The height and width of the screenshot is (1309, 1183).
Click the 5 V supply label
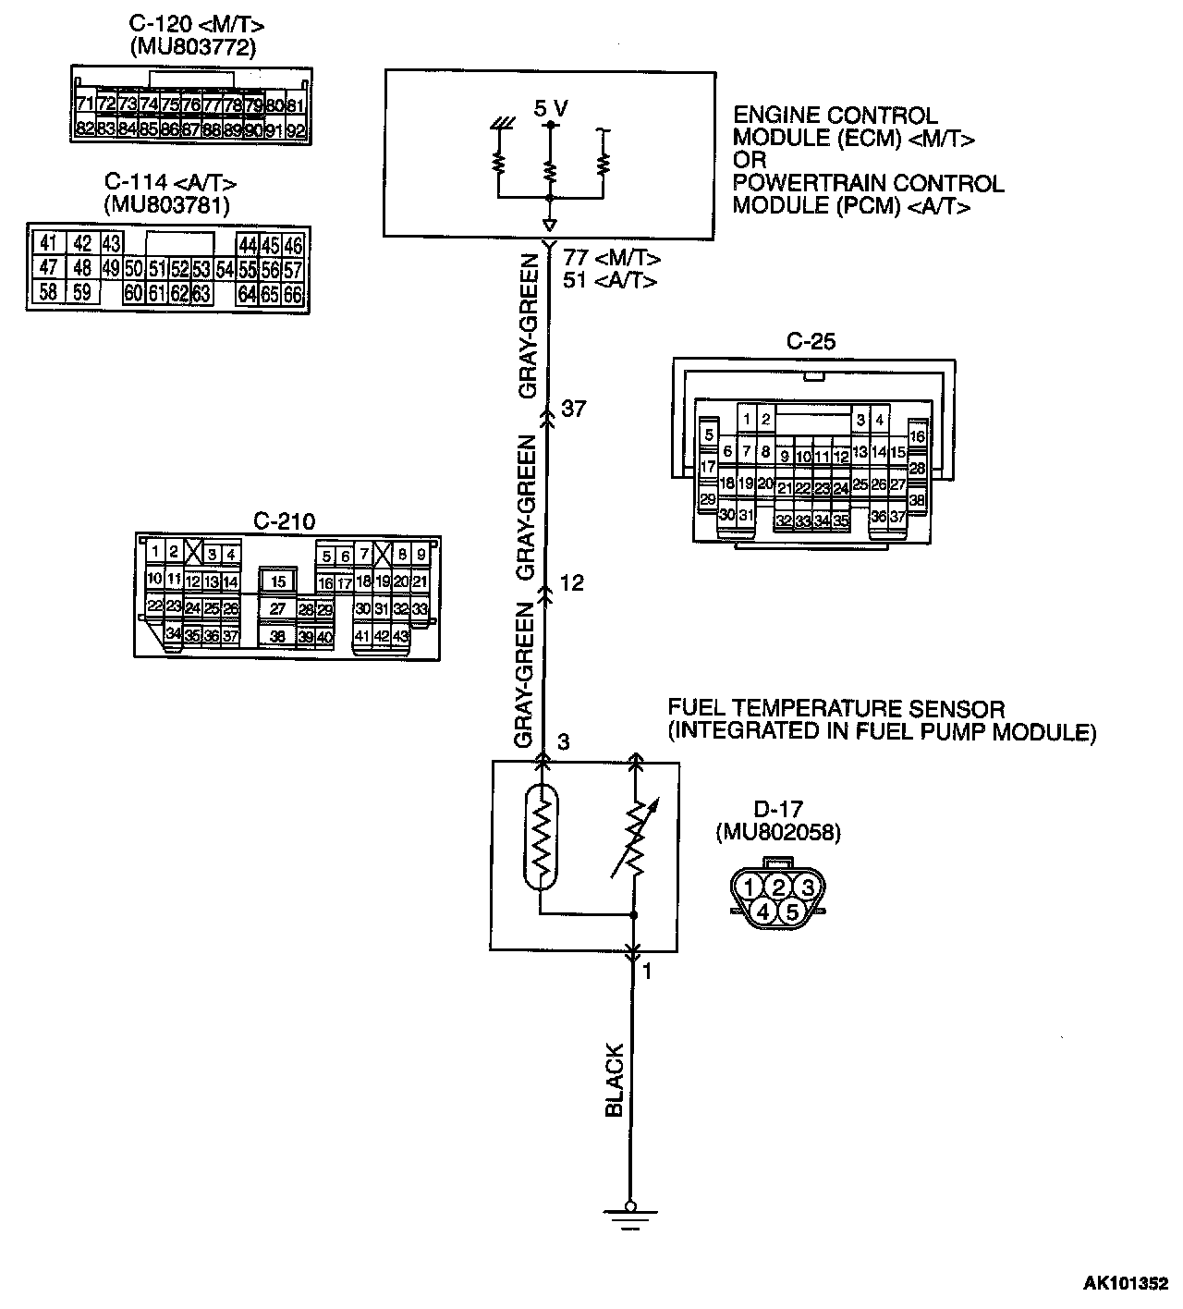(x=550, y=108)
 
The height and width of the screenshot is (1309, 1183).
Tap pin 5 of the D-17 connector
(x=792, y=911)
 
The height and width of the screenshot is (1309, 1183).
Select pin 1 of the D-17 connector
(x=750, y=888)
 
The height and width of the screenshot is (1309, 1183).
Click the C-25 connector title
(x=811, y=341)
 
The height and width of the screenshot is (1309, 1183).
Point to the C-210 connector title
(x=284, y=521)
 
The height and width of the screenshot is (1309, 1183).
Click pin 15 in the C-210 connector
(x=278, y=581)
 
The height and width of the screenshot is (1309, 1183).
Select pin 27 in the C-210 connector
(x=277, y=609)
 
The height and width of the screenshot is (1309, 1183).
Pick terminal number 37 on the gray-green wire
(x=573, y=408)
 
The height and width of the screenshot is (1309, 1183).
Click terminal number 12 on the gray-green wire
(x=572, y=583)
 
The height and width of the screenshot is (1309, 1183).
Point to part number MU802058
(x=777, y=832)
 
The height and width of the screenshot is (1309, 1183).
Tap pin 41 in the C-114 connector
(x=49, y=244)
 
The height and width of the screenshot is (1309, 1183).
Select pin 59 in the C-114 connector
(x=82, y=293)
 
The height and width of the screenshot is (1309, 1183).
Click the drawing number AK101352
(x=1126, y=1284)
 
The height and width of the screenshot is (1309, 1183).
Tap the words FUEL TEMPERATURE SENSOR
(x=836, y=709)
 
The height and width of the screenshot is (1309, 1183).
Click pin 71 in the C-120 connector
(x=85, y=104)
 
